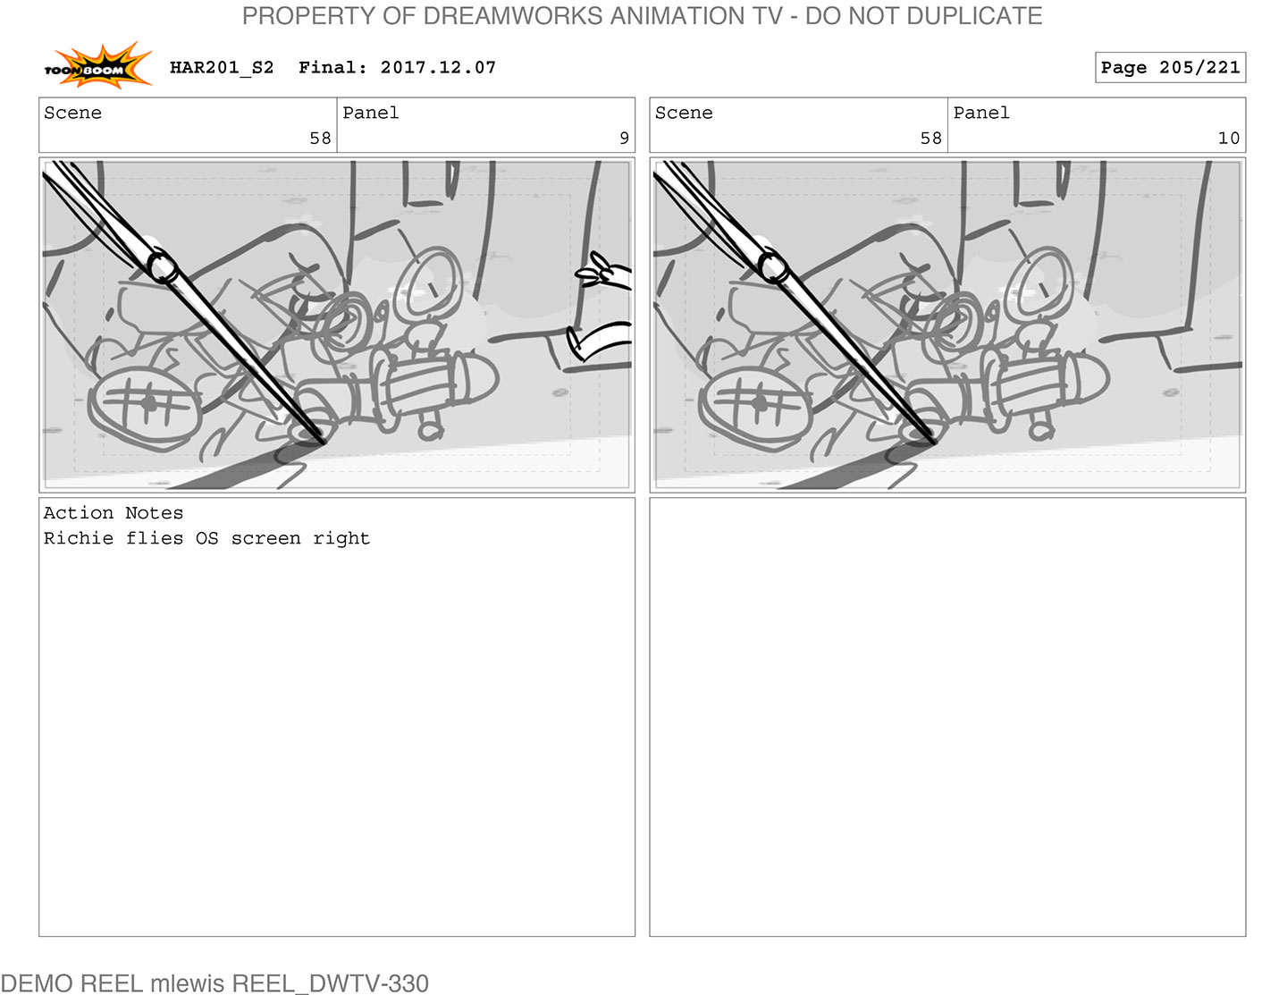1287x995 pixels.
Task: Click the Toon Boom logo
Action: click(x=97, y=66)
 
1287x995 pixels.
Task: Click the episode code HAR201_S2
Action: click(x=223, y=68)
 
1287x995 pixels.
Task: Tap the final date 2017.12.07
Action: click(x=438, y=68)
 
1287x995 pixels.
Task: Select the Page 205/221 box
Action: click(x=1170, y=68)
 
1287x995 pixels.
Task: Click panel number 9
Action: click(x=624, y=138)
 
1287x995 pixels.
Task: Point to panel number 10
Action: click(x=1228, y=138)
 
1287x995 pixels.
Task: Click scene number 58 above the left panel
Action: click(x=321, y=138)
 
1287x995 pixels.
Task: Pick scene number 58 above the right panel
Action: click(x=930, y=138)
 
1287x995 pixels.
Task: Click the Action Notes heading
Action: click(x=114, y=512)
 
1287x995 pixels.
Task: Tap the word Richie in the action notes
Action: click(x=78, y=538)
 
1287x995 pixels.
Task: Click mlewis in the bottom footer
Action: click(x=187, y=983)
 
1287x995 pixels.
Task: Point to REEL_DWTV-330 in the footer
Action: click(x=330, y=983)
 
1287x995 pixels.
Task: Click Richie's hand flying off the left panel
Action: click(x=603, y=274)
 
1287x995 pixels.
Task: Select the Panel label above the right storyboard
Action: click(x=980, y=113)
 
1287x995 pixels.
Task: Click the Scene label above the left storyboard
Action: click(x=73, y=113)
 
